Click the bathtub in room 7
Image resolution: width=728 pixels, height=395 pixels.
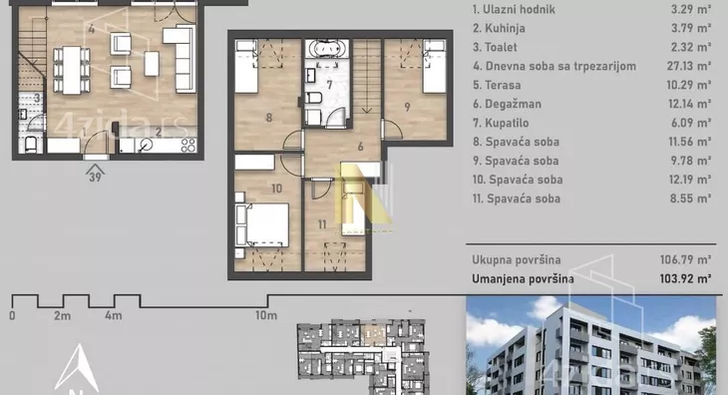coord(327,48)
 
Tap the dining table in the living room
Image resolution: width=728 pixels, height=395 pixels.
coord(72,70)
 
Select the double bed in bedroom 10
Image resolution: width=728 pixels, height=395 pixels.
coord(265,225)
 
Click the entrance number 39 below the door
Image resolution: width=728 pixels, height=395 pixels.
coord(95,177)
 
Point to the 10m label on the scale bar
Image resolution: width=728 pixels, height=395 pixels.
coord(266,315)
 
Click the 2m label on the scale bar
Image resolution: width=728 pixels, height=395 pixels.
coord(62,315)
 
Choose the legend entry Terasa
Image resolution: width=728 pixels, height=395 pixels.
coord(497,85)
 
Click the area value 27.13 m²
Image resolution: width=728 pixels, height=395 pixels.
coord(689,66)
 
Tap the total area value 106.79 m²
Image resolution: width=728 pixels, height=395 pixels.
coord(685,259)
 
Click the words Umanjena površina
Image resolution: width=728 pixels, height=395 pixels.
coord(523,279)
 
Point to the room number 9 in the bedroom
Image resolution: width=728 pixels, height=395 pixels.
coord(407,107)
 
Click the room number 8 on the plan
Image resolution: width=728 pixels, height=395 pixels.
coord(269,118)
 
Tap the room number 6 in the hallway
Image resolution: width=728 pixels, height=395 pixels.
coord(361,147)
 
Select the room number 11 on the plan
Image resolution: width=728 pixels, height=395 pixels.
coord(322,224)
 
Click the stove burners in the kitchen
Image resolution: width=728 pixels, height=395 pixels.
coord(188,146)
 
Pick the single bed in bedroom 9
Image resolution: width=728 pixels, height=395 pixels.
coord(435,67)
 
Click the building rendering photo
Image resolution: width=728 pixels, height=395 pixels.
coord(590,345)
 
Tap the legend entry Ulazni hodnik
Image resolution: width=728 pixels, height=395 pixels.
coord(514,9)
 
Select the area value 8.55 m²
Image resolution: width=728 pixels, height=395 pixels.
coord(690,198)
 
